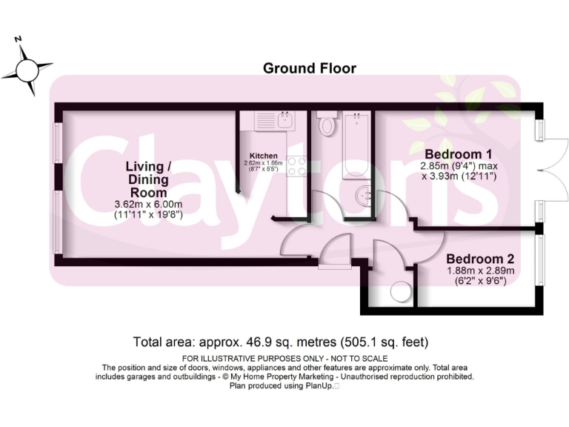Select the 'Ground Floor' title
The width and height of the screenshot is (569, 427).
pyautogui.click(x=310, y=68)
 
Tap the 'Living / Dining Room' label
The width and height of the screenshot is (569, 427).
pyautogui.click(x=147, y=179)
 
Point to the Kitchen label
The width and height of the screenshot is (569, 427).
pyautogui.click(x=263, y=156)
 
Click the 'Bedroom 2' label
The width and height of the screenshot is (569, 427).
pyautogui.click(x=480, y=259)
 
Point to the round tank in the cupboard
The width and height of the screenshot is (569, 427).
pyautogui.click(x=400, y=292)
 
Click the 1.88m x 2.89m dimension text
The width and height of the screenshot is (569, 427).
pyautogui.click(x=481, y=271)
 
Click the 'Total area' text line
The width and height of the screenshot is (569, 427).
pyautogui.click(x=281, y=342)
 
